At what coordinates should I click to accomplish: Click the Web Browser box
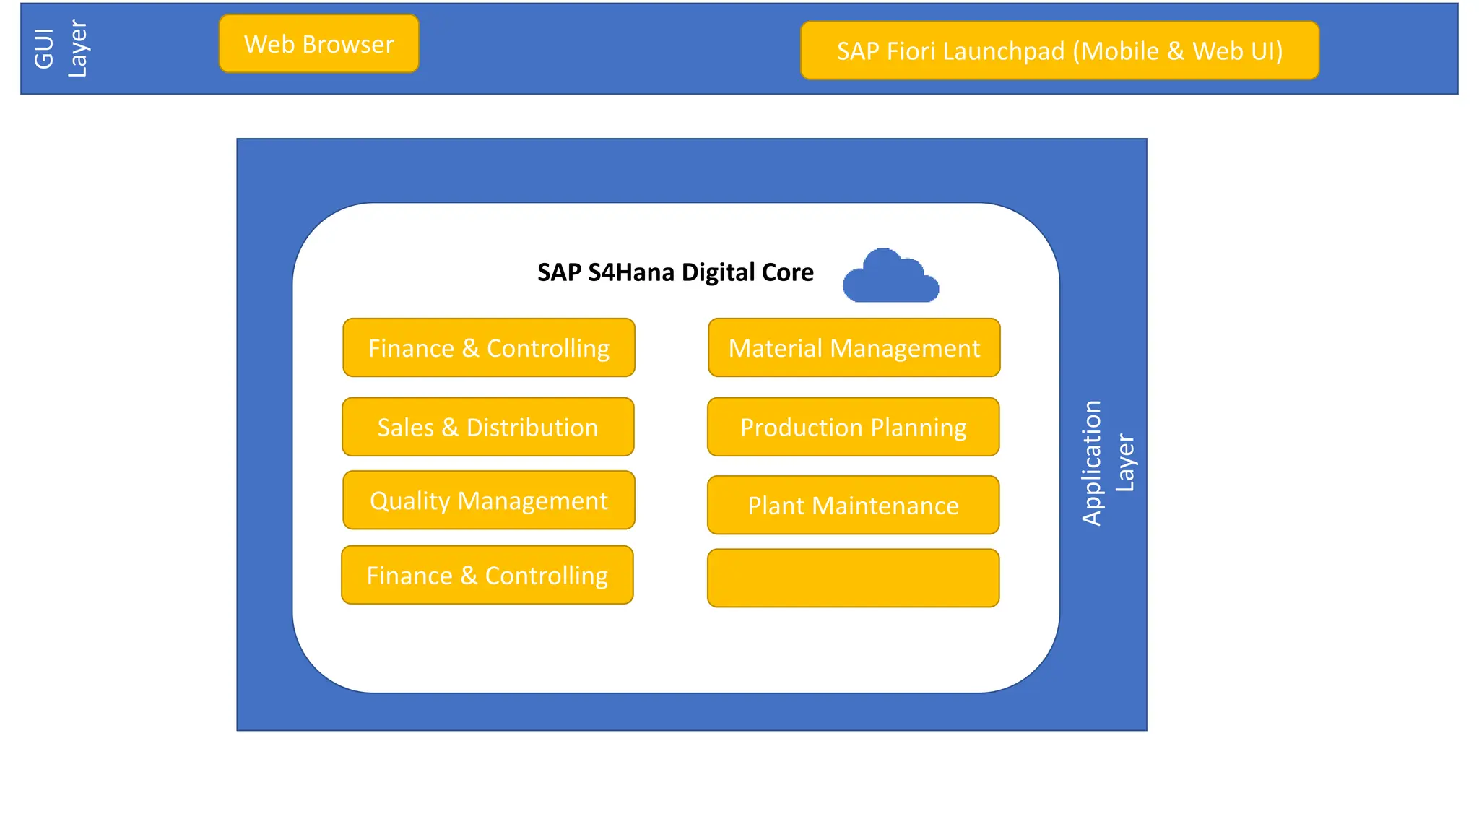click(x=318, y=44)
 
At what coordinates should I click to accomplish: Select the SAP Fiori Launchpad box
click(x=1059, y=51)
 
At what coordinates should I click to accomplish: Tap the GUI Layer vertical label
click(x=61, y=48)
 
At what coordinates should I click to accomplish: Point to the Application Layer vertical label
click(x=1108, y=463)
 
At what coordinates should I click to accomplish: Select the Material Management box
click(x=854, y=348)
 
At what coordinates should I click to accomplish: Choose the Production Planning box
click(x=853, y=428)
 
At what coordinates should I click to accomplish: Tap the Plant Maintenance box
click(x=853, y=506)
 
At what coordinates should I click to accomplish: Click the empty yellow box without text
click(x=853, y=578)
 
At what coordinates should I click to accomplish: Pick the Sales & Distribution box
click(x=487, y=428)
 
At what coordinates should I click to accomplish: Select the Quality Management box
click(x=488, y=500)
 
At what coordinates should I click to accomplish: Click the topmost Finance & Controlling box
click(x=488, y=348)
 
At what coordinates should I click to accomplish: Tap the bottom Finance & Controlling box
click(x=487, y=576)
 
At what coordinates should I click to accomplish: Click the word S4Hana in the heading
click(x=632, y=272)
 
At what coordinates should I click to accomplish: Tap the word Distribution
click(x=532, y=428)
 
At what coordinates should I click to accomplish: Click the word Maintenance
click(x=885, y=506)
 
